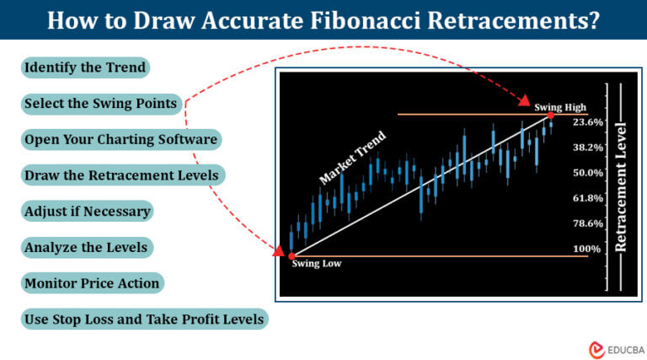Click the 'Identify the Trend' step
click(86, 67)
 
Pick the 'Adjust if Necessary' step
click(88, 212)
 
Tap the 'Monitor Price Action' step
click(93, 284)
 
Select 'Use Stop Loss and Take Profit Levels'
click(145, 320)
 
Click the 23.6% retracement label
click(587, 122)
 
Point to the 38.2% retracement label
click(587, 148)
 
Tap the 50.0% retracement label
click(587, 173)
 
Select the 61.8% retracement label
click(587, 198)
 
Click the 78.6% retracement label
click(587, 223)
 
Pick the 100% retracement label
click(587, 249)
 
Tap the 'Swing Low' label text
click(317, 264)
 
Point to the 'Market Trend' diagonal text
click(352, 159)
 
